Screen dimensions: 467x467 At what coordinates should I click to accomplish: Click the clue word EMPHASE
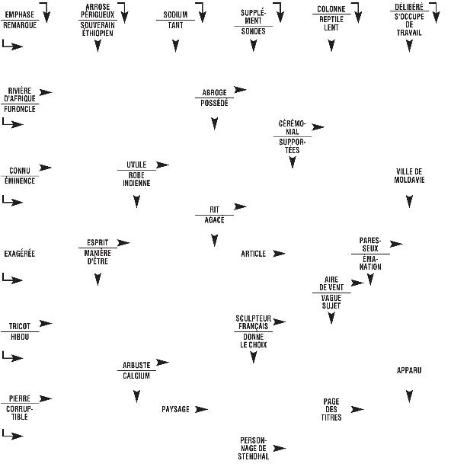(x=20, y=14)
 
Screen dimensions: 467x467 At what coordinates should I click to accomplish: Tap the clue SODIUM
(x=175, y=14)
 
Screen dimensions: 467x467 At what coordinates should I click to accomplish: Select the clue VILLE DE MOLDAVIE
(x=409, y=175)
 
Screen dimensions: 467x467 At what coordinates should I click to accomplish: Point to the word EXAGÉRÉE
(x=20, y=253)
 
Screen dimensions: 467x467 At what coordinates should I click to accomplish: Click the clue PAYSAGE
(x=175, y=409)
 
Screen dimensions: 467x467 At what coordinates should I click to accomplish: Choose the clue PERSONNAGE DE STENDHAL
(x=253, y=448)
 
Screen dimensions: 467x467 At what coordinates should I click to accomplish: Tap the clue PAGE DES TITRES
(x=331, y=409)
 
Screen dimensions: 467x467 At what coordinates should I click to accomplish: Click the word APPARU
(x=409, y=370)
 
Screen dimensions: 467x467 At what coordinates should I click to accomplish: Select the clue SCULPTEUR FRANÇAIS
(x=253, y=321)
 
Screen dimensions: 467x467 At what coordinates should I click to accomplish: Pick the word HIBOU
(x=20, y=336)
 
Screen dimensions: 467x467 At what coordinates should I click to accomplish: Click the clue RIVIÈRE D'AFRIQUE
(x=20, y=94)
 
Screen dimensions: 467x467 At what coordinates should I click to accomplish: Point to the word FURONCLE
(x=20, y=110)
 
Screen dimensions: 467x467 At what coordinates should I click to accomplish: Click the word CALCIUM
(x=136, y=376)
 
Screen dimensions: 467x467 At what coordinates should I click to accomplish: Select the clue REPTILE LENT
(x=331, y=23)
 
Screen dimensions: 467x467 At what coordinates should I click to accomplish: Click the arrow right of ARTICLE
(x=280, y=253)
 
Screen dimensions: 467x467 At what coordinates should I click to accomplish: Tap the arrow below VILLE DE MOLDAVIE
(x=409, y=202)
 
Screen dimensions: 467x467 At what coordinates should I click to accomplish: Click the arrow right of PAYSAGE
(x=201, y=409)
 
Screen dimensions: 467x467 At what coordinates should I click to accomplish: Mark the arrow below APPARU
(x=409, y=396)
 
